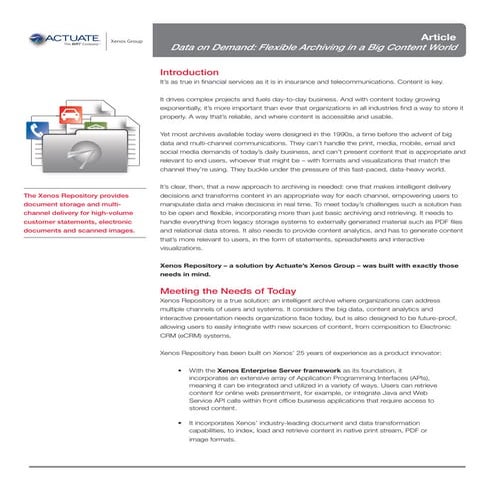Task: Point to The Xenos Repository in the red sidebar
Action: coord(55,195)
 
